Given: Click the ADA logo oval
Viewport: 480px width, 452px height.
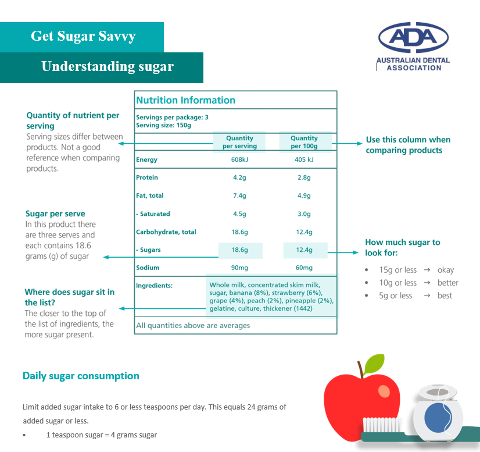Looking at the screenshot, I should point(413,38).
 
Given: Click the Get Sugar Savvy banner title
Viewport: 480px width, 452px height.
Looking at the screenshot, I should point(83,36).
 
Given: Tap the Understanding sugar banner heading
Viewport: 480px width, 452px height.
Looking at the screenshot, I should point(108,66).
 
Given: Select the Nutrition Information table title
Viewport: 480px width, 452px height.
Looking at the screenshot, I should point(185,100).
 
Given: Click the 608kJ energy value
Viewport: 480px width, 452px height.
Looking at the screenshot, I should point(239,160).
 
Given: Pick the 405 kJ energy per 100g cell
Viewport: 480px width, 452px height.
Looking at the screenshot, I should point(304,160).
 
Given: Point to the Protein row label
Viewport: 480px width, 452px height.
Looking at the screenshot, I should point(147,177).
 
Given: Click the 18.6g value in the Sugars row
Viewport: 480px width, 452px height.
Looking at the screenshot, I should point(240,250).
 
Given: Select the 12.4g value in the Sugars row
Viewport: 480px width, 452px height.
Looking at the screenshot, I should point(304,250).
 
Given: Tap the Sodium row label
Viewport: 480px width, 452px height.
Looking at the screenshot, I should point(148,268).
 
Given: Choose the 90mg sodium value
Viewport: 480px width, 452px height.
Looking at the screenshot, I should point(239,268).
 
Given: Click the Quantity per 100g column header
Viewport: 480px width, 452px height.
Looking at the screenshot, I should point(304,142).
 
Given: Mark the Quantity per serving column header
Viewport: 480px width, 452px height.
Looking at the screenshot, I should point(239,142).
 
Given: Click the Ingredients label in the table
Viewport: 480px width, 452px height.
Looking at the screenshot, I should point(155,286).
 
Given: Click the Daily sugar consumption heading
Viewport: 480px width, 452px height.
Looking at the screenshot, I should point(81,376).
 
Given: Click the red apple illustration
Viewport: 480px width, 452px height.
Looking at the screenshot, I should point(360,401).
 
